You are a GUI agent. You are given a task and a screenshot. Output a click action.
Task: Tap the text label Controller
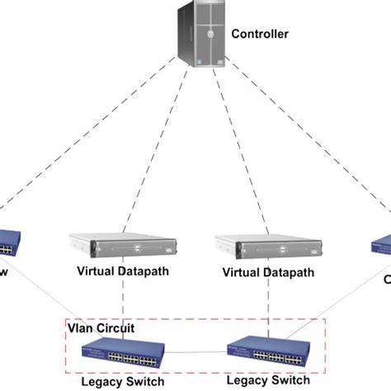[260, 34]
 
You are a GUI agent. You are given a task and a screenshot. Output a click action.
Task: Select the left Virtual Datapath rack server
[123, 246]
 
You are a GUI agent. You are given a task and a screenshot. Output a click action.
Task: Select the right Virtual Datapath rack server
[268, 246]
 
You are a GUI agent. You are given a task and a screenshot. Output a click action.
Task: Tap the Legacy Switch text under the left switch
[121, 380]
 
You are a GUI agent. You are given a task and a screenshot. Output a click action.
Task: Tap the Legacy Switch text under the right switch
[269, 380]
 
